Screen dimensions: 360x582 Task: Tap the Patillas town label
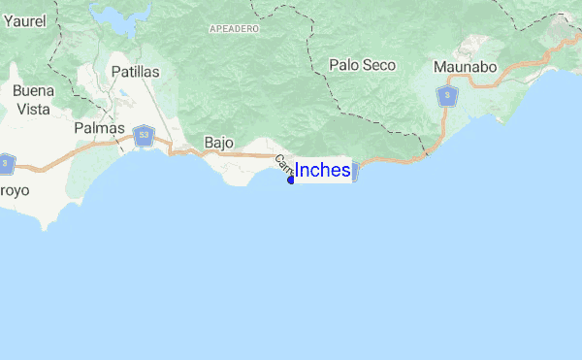135,72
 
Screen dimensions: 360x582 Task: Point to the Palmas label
99,128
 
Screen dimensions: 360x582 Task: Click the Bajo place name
219,143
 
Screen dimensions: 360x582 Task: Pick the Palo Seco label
362,65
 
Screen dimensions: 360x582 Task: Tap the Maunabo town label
466,67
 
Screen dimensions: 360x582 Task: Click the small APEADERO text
233,30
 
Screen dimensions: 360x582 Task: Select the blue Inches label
322,170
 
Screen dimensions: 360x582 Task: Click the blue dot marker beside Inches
291,180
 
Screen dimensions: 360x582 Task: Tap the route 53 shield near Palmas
144,136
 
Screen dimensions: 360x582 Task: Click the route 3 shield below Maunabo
446,95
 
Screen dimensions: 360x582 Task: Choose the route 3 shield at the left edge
5,164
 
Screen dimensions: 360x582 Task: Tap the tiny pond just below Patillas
123,95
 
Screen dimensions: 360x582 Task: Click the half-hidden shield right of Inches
355,171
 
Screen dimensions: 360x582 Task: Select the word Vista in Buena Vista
33,110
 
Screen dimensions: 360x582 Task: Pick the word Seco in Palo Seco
379,65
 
